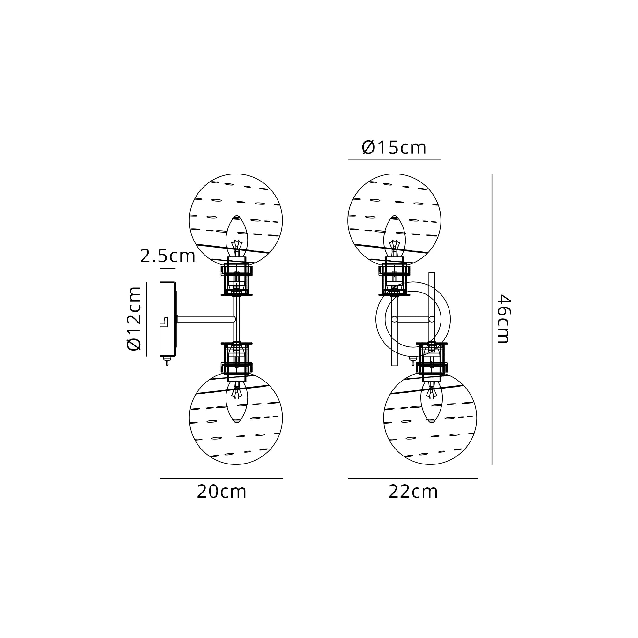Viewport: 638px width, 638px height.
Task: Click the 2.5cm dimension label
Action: click(x=167, y=256)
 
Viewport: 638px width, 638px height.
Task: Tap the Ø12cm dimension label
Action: click(x=134, y=319)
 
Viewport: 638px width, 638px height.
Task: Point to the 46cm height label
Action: click(x=504, y=319)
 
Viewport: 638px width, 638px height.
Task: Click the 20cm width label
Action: click(x=222, y=492)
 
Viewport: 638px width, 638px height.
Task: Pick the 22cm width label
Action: click(x=413, y=492)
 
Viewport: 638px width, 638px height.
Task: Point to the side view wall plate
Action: click(x=167, y=319)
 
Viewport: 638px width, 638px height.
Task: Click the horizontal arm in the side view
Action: click(x=205, y=319)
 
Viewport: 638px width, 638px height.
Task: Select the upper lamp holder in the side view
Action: click(x=236, y=279)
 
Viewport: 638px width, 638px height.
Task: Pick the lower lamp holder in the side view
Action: click(x=236, y=359)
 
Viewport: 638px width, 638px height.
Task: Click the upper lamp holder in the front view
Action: click(x=394, y=279)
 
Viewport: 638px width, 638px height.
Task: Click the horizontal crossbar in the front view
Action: click(x=413, y=319)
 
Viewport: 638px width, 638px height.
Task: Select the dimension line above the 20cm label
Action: click(x=222, y=478)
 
